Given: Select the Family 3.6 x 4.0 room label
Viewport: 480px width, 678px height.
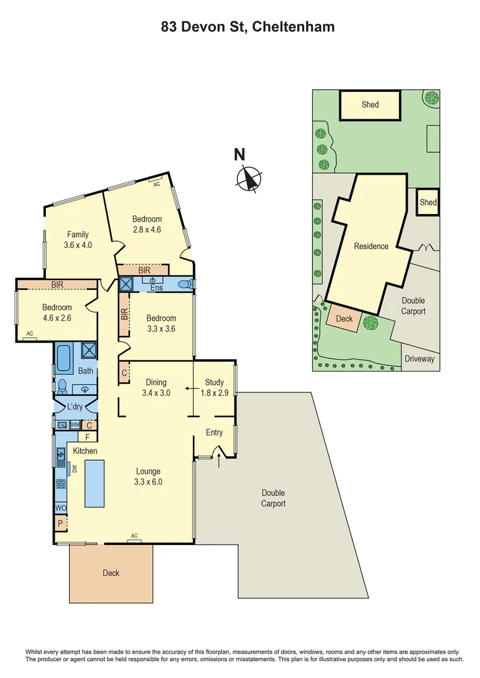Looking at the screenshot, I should [78, 240].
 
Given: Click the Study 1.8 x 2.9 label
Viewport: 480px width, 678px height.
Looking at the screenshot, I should [214, 387].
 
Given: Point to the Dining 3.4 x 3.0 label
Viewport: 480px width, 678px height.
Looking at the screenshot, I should [156, 387].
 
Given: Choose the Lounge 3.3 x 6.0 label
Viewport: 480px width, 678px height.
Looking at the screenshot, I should [147, 476].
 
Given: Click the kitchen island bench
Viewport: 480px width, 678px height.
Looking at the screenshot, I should [94, 483].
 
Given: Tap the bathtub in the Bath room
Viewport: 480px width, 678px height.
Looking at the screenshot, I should [63, 364].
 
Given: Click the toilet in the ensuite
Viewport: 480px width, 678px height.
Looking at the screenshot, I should [185, 285].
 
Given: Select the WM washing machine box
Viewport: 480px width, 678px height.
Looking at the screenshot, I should [75, 425].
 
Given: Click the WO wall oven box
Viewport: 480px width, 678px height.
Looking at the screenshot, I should [61, 507].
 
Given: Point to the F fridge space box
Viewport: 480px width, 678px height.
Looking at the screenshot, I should [88, 437].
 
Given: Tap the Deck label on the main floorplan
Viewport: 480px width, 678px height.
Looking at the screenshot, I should [111, 573].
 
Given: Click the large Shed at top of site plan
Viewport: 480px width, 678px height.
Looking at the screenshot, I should [370, 105].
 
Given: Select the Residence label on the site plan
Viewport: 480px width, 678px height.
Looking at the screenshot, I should [371, 246].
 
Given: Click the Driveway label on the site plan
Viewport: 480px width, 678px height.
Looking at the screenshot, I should [419, 359].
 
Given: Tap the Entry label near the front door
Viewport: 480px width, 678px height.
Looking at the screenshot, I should [214, 433].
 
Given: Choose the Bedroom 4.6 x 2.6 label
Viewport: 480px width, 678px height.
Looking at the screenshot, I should [57, 313].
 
